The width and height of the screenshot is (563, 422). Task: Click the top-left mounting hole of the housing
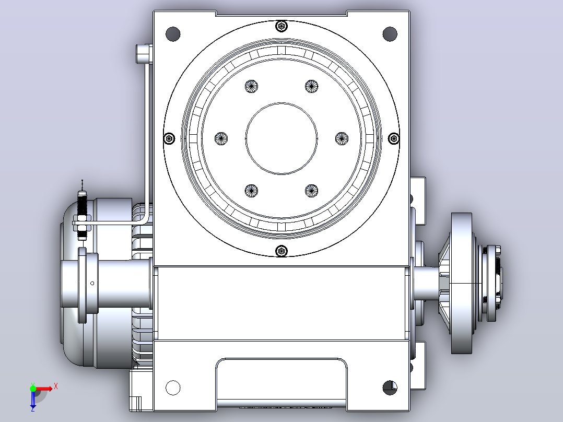click(173, 34)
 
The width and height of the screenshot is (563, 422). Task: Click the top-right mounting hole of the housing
click(390, 34)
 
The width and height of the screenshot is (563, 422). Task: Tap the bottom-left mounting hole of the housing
click(173, 388)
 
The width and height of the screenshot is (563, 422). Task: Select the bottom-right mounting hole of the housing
click(390, 388)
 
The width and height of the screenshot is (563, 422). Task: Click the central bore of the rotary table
click(282, 138)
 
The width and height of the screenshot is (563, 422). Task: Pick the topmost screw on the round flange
click(282, 26)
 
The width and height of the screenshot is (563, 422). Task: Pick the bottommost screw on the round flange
click(282, 251)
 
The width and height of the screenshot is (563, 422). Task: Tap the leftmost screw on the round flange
click(169, 138)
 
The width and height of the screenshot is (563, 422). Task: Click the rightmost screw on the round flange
click(394, 138)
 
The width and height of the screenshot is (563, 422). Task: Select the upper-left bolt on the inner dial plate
click(251, 86)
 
